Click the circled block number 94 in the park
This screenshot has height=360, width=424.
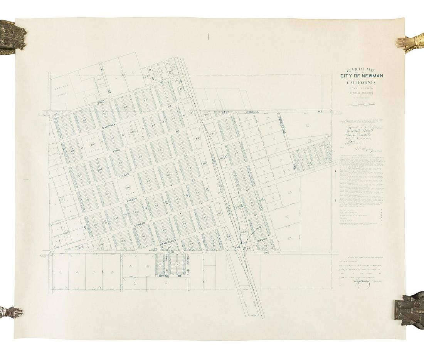click(128, 187)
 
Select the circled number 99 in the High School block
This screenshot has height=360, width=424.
click(92, 144)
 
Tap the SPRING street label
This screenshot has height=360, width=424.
click(165, 276)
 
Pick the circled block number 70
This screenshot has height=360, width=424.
click(190, 113)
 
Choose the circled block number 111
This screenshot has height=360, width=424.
click(61, 199)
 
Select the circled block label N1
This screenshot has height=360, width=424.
click(124, 74)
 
